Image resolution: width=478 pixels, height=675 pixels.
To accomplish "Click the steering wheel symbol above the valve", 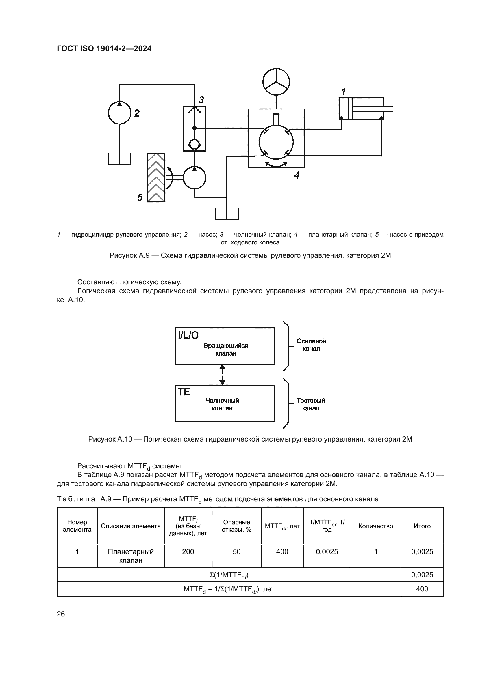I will point(276,82).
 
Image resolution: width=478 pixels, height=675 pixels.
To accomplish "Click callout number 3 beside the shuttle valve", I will point(201,100).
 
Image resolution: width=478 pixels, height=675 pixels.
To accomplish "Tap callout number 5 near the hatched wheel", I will point(140,197).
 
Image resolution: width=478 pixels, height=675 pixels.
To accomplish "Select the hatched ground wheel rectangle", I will point(156,177).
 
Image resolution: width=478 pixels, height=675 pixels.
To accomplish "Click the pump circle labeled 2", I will point(120,113).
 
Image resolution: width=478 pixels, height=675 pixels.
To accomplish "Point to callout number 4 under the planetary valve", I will point(297,175).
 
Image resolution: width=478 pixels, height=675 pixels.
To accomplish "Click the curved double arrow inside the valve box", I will point(276,164).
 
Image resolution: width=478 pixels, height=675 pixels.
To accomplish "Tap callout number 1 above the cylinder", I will point(343,92).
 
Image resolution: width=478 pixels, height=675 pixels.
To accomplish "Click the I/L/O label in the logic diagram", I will point(188,335).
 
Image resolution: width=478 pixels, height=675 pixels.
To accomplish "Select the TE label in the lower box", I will point(184,392).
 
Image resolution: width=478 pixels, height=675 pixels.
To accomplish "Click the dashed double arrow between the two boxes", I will point(223,375).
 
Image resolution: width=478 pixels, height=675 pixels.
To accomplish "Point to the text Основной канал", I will point(311,345).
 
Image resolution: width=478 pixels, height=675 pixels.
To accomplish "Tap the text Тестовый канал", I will point(311,404).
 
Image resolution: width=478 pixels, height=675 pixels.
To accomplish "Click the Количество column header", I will point(376,526).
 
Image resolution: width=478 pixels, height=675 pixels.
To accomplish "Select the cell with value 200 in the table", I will point(188,552).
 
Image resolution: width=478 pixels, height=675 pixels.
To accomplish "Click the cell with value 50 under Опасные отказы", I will point(237,552).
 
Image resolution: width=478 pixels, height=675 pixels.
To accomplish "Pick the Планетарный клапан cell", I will point(131,556).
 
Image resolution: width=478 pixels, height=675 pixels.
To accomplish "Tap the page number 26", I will point(61,614).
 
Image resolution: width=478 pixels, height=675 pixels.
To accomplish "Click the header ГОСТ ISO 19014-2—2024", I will point(104,48).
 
